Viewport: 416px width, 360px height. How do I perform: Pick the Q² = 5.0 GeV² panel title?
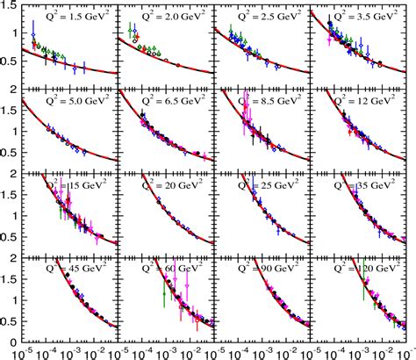pyautogui.click(x=75, y=101)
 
